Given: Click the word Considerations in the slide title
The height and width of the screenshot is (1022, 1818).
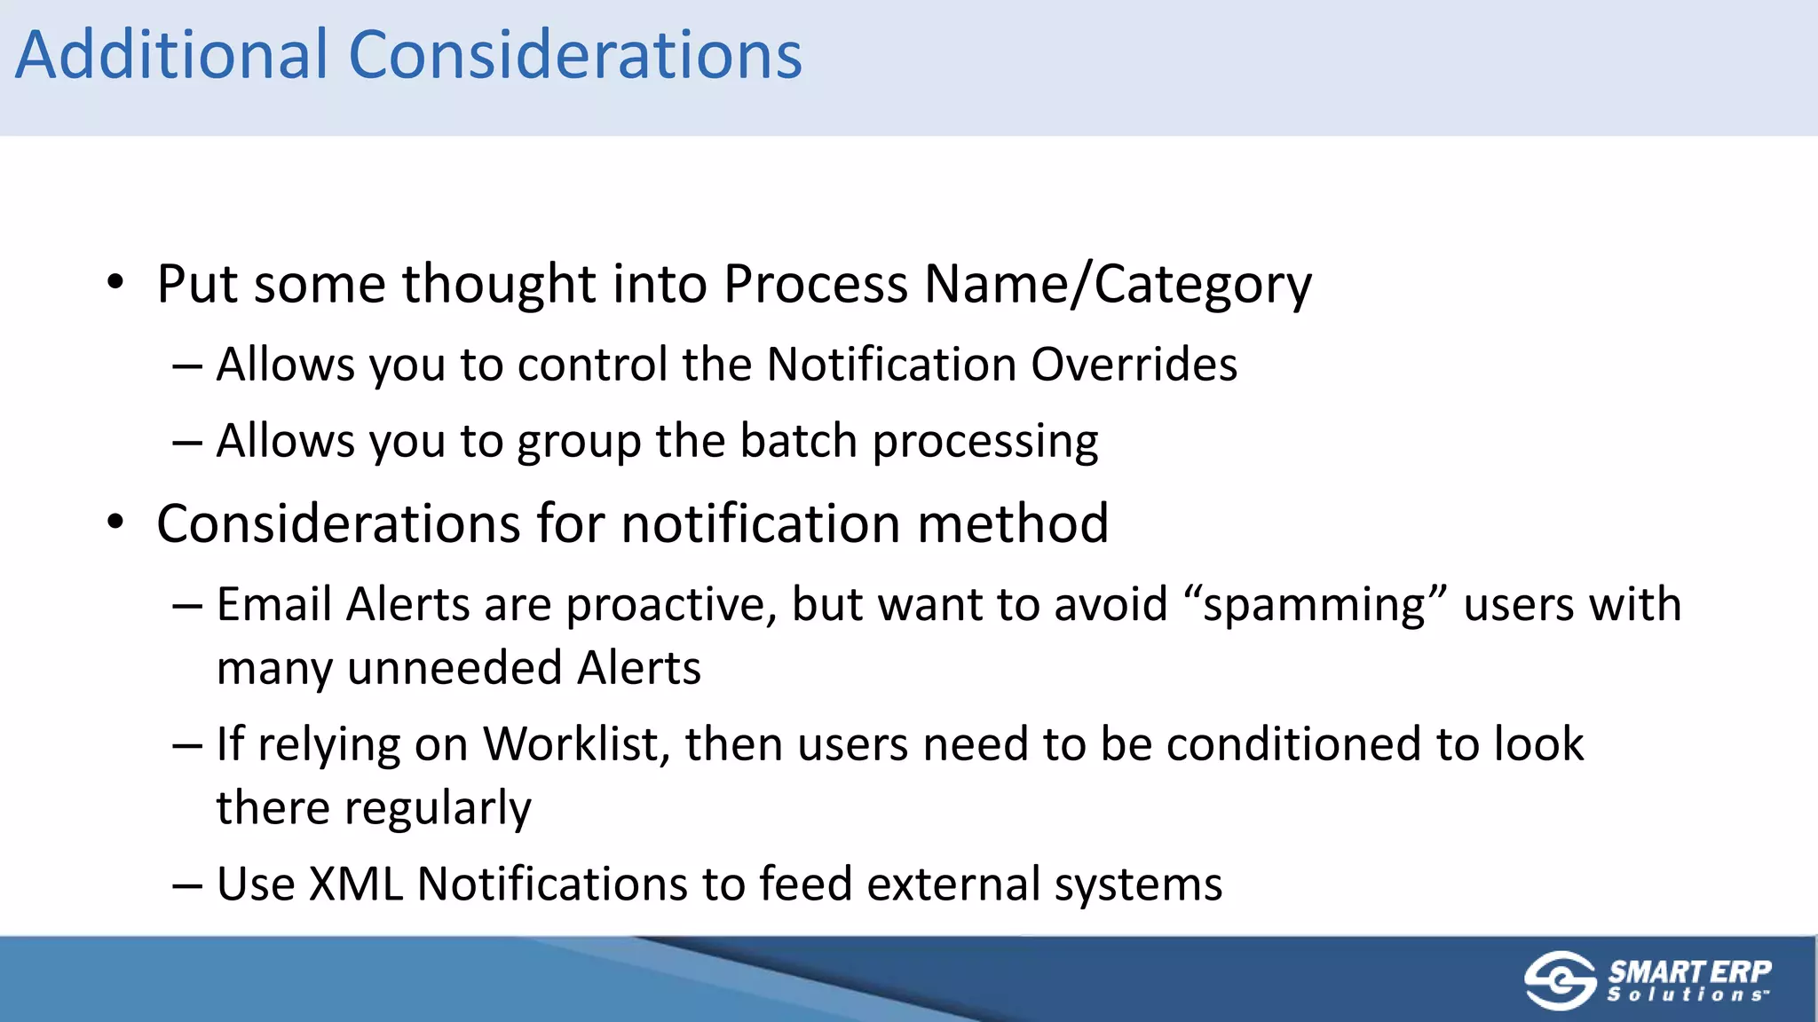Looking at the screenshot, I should pyautogui.click(x=575, y=55).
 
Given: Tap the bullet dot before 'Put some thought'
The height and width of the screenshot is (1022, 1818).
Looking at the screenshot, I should pyautogui.click(x=115, y=283).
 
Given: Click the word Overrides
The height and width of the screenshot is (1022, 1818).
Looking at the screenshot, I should pyautogui.click(x=1134, y=365).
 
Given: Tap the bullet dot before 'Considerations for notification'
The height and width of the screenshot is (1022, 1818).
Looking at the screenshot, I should pyautogui.click(x=115, y=523).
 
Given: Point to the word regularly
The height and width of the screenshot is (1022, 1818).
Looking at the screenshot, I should pyautogui.click(x=438, y=809).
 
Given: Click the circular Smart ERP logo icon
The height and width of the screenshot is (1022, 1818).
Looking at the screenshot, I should pyautogui.click(x=1561, y=980).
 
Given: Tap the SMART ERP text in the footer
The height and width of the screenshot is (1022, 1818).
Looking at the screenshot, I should pyautogui.click(x=1689, y=971).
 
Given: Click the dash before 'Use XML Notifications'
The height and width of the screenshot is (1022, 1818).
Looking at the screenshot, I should pyautogui.click(x=187, y=885).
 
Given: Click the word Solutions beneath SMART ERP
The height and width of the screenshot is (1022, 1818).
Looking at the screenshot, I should pyautogui.click(x=1687, y=995).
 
